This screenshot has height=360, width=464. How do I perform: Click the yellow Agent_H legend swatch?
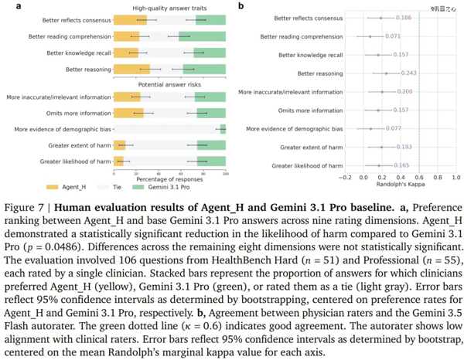[x=52, y=187]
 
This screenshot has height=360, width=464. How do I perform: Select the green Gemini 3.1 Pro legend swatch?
[x=138, y=187]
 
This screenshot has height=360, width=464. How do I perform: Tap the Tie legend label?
[x=117, y=187]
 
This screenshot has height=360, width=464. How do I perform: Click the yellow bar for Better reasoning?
[x=132, y=70]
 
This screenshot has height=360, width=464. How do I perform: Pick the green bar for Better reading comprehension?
[x=202, y=36]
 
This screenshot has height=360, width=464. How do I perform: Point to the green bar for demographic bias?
[x=223, y=129]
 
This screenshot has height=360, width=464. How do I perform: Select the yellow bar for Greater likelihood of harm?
[x=118, y=161]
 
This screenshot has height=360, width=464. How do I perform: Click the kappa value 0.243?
[x=408, y=73]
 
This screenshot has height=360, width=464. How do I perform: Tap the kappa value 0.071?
[x=393, y=36]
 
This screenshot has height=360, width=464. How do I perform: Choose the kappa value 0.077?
[x=394, y=128]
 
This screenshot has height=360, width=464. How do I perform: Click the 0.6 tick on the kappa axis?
[x=419, y=178]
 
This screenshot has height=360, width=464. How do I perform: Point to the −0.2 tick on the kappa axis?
[x=345, y=178]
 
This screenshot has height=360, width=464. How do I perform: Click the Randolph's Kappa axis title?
[x=401, y=185]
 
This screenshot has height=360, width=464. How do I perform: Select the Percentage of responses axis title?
[x=169, y=179]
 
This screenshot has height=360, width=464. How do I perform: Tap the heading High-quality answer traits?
[x=169, y=8]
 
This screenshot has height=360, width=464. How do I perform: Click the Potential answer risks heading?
[x=169, y=84]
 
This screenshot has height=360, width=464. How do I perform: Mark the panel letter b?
[x=241, y=5]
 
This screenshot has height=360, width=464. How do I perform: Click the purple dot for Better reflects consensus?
[x=380, y=18]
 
